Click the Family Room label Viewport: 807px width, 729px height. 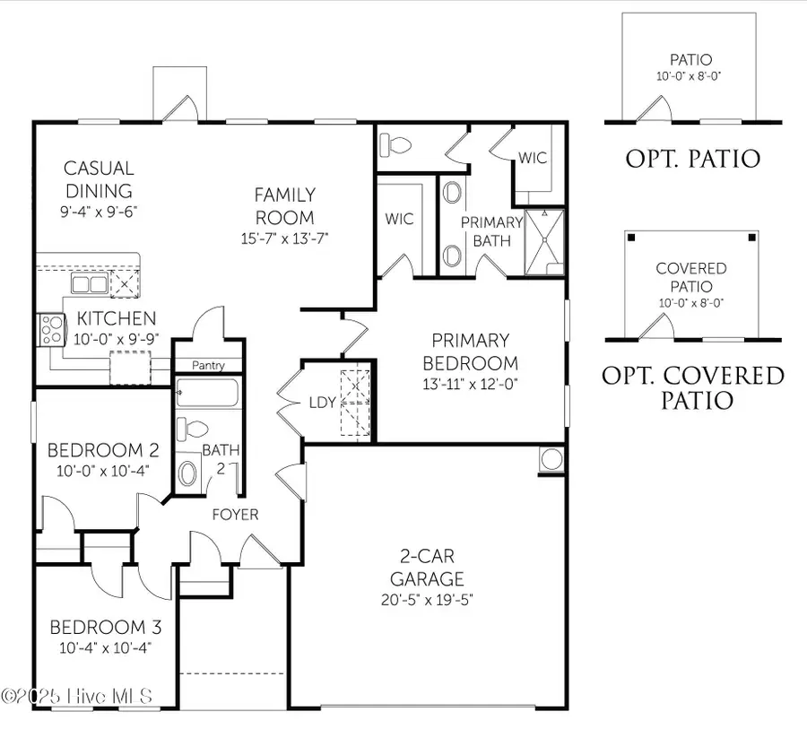click(x=284, y=205)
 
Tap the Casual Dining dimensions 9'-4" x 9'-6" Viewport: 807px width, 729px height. click(x=98, y=213)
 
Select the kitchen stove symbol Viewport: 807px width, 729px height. click(x=48, y=329)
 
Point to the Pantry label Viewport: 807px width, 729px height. click(x=208, y=366)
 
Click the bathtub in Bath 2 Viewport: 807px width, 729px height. click(x=208, y=392)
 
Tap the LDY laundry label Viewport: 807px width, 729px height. click(x=321, y=403)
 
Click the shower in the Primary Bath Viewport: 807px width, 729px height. click(x=544, y=241)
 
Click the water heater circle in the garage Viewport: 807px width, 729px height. click(x=551, y=459)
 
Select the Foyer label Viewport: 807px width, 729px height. click(x=235, y=515)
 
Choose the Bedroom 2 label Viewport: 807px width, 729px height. click(x=96, y=449)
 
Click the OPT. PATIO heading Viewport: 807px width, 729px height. click(x=692, y=160)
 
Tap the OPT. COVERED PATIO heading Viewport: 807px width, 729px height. click(x=692, y=387)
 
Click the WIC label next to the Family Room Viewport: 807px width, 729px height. click(x=398, y=218)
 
